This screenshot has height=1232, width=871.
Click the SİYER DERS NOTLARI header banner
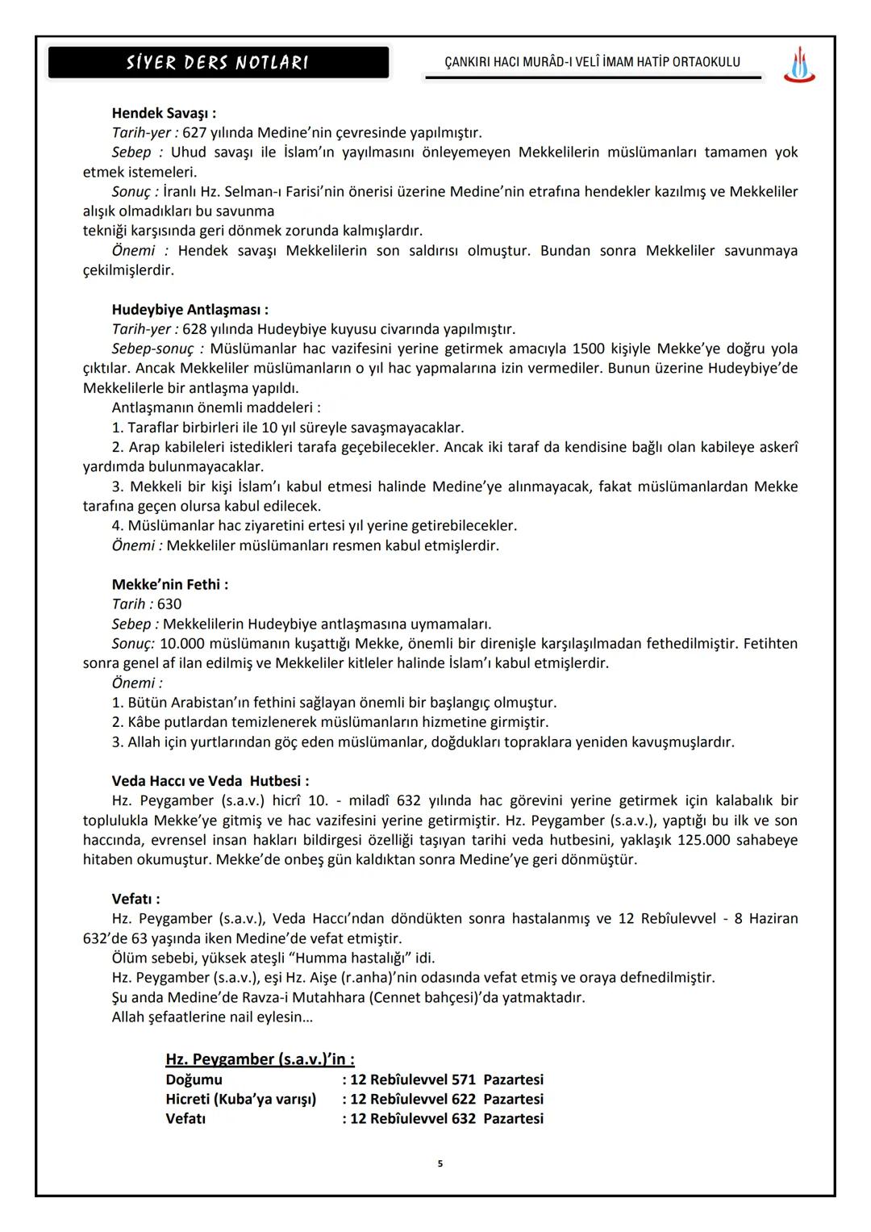[x=218, y=62]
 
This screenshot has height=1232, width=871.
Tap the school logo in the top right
[x=798, y=65]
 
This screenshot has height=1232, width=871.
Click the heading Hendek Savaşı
[x=163, y=113]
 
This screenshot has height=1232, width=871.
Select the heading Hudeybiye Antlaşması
[x=190, y=310]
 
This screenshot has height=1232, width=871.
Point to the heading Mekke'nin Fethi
[x=169, y=584]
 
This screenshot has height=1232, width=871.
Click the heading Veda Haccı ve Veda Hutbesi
[x=210, y=781]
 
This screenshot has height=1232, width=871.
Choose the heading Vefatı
[x=135, y=899]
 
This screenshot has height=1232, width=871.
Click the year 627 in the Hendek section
[x=194, y=132]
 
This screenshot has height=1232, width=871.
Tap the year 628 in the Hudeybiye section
[x=194, y=329]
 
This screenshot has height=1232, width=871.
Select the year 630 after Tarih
[x=169, y=604]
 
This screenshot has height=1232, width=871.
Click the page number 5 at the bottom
[x=440, y=1163]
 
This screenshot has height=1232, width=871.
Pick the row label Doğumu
[x=194, y=1080]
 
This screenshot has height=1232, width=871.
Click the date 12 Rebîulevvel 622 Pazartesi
[x=446, y=1099]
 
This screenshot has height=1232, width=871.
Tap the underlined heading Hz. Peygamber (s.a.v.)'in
[x=260, y=1059]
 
